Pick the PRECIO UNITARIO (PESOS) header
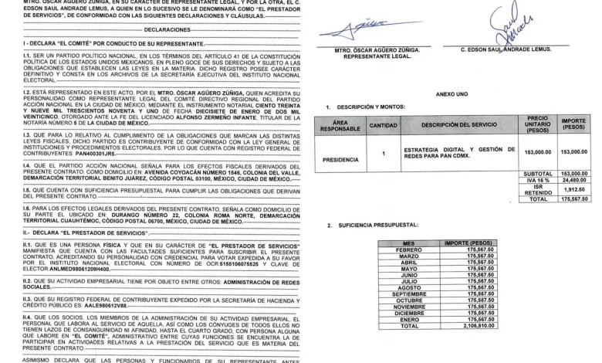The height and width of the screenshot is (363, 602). (x=537, y=125)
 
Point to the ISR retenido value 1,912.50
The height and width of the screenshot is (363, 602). (x=573, y=190)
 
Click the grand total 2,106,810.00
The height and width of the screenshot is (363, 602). (x=469, y=326)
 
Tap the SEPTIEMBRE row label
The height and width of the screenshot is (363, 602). (x=408, y=293)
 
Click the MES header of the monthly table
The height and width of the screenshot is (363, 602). (x=408, y=243)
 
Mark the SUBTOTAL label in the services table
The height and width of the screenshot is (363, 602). (x=537, y=174)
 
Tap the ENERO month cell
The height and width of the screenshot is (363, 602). (x=408, y=319)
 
